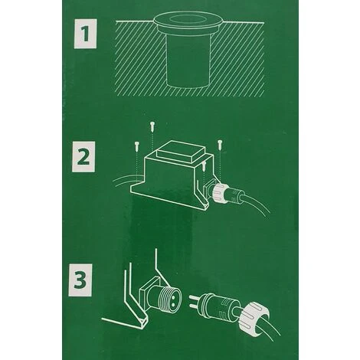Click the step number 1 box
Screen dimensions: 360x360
(85, 34)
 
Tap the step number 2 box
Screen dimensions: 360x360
(83, 156)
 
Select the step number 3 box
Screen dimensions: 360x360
(80, 280)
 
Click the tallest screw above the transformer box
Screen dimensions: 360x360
(152, 126)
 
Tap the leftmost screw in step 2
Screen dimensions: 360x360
(136, 146)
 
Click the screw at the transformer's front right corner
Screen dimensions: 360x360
(204, 166)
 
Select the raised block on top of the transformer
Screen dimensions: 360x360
(180, 152)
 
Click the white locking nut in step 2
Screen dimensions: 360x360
(218, 193)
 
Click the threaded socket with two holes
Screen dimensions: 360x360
(166, 296)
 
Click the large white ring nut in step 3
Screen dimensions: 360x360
(254, 316)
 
